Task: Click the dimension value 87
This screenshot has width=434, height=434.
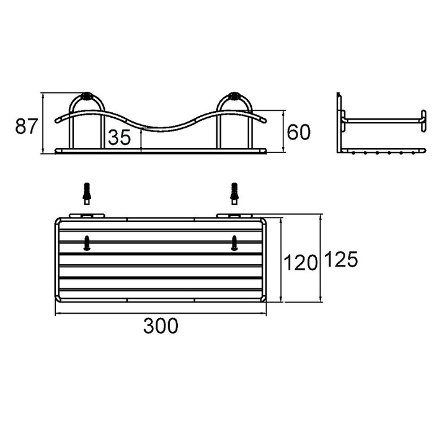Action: (25, 128)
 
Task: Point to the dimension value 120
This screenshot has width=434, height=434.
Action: (301, 263)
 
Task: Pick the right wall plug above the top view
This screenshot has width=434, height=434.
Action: (234, 192)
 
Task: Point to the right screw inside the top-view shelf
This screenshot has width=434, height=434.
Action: (234, 243)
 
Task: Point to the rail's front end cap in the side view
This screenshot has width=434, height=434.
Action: (423, 120)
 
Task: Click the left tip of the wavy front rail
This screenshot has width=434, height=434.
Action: (56, 122)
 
